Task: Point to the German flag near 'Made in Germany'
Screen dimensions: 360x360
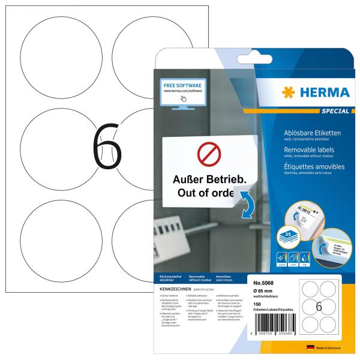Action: point(310,347)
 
